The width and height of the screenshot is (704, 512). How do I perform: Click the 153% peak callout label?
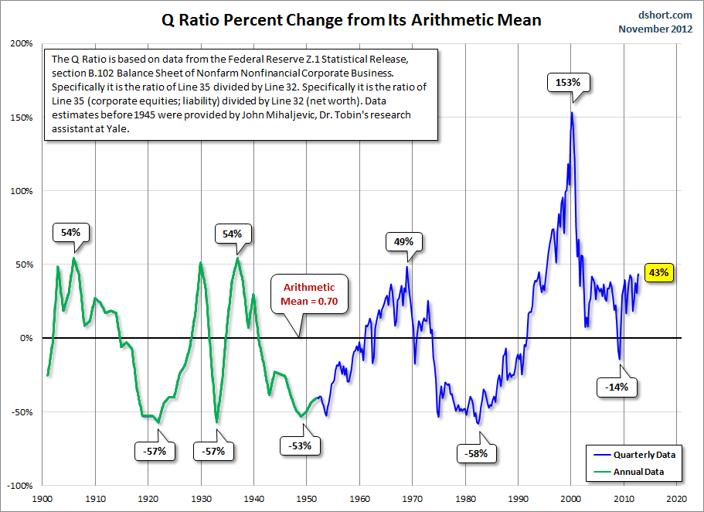coord(563,80)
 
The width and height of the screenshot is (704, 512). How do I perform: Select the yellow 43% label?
coord(658,272)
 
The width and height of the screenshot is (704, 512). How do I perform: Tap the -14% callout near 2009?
coord(617,387)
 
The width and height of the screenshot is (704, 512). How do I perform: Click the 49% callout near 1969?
coord(404,241)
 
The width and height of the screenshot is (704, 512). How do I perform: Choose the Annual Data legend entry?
coord(638,471)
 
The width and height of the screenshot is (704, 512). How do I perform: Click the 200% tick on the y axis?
coord(20,44)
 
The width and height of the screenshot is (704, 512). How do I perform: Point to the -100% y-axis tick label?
coord(18,486)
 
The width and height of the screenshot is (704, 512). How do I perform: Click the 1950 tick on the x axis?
coord(307,499)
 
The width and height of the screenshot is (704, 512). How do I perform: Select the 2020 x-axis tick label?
coord(677,499)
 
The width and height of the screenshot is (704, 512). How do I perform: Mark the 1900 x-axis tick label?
coord(42,499)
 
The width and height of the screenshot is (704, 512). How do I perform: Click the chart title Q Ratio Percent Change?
coord(352,19)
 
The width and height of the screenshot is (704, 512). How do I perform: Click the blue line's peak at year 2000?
coord(572,114)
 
